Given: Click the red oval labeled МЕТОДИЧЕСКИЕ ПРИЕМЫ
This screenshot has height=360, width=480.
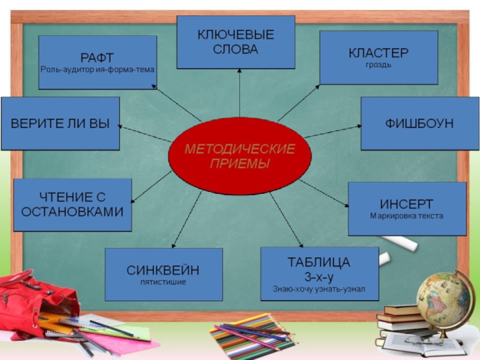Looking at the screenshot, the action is (239, 156).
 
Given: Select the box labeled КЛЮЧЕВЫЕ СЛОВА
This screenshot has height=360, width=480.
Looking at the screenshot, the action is (235, 42).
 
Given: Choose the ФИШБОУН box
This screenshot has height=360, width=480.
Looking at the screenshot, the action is (419, 123).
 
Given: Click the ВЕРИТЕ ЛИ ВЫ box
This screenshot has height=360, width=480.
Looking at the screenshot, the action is (60, 124).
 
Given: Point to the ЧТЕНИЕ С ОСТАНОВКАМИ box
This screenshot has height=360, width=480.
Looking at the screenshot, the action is (73, 205).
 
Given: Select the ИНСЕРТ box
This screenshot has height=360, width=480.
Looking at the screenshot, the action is (407, 209).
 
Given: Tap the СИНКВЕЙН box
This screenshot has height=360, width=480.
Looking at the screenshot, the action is (163, 274).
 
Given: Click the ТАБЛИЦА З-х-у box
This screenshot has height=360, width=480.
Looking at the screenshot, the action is (319, 274).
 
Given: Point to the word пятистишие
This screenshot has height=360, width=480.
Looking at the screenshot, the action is (163, 281).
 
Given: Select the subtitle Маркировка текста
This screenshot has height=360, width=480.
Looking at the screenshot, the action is (407, 216).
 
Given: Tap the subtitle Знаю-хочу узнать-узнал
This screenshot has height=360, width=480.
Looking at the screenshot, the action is (319, 289).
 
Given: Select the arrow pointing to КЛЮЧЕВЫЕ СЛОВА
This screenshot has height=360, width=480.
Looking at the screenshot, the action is (239, 93).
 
